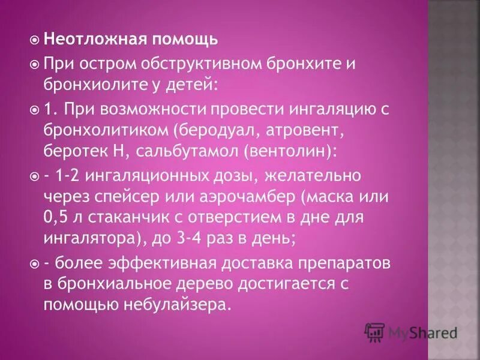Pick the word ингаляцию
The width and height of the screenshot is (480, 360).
[x=305, y=109]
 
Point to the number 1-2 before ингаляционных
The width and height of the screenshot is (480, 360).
[x=68, y=176]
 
